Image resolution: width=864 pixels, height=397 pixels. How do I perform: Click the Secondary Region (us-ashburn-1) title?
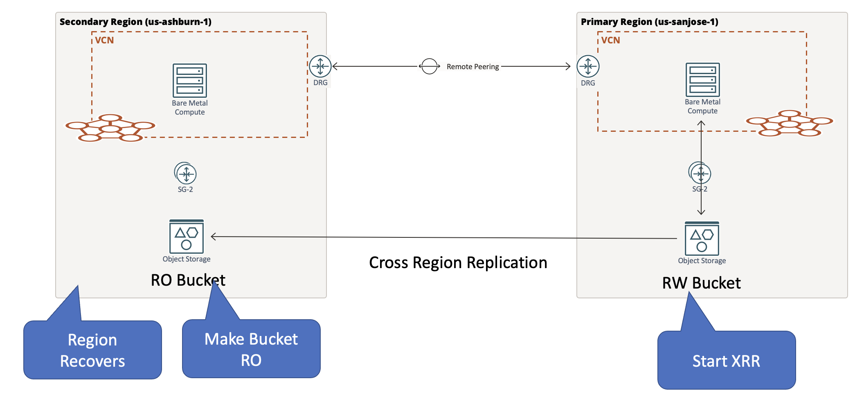click(x=135, y=22)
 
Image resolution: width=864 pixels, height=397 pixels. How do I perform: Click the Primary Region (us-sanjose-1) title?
click(x=649, y=22)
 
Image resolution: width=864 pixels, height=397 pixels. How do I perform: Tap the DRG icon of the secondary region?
click(x=320, y=66)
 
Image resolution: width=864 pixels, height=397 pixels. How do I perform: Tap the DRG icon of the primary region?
click(x=588, y=66)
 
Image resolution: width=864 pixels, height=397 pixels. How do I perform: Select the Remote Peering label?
click(x=473, y=67)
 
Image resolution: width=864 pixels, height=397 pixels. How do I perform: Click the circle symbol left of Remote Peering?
click(x=429, y=66)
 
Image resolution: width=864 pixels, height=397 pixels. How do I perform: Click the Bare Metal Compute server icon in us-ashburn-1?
click(x=189, y=80)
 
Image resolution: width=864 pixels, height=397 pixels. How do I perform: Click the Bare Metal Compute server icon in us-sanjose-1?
click(x=702, y=79)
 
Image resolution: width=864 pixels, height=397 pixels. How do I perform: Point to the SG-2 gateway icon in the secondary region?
click(x=186, y=174)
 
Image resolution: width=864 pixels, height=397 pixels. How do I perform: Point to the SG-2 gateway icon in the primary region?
click(x=700, y=173)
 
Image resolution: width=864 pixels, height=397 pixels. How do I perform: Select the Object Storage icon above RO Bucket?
click(x=187, y=237)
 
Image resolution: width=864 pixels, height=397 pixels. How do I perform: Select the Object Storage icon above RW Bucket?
click(x=702, y=239)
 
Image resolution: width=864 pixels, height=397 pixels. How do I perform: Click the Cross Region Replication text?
click(x=458, y=263)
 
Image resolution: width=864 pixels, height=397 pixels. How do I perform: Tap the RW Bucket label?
click(x=701, y=283)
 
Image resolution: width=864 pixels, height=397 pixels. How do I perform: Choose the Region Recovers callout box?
click(x=92, y=350)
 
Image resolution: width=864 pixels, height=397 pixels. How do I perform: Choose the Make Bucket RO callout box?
click(x=251, y=349)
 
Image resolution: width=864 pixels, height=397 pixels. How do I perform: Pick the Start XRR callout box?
click(x=726, y=360)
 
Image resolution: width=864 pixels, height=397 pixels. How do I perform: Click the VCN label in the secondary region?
click(x=104, y=40)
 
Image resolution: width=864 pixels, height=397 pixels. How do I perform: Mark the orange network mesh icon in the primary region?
click(x=789, y=123)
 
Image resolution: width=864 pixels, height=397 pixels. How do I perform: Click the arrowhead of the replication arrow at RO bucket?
click(x=213, y=236)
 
